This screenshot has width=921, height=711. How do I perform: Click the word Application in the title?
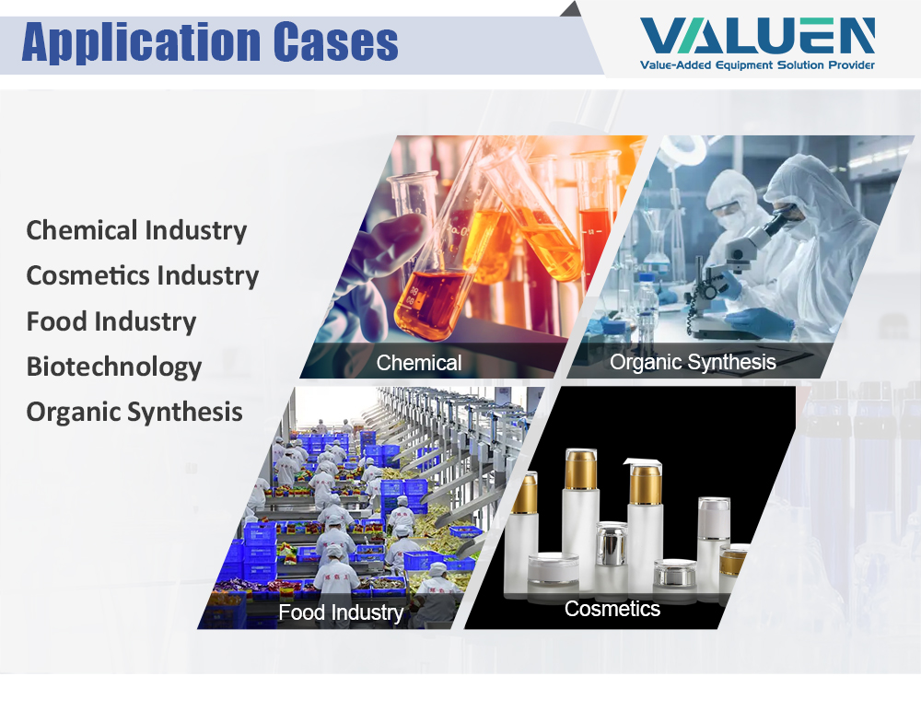pos(142,42)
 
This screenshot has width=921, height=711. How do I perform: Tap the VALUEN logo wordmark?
pos(757,36)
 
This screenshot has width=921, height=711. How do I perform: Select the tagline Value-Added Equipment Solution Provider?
pos(757,64)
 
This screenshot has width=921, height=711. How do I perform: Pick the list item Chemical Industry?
pos(136,230)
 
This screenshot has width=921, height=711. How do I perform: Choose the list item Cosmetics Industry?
pos(142,275)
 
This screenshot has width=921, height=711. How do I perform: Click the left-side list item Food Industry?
pos(111,321)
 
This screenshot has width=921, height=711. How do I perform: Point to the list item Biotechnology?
pos(114,367)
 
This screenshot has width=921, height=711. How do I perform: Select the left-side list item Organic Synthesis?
pos(134,412)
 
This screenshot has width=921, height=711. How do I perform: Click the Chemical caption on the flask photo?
pos(419,363)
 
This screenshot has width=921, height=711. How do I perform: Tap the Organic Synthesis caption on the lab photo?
pos(693,362)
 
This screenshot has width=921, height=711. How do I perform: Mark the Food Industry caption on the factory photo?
pos(341,612)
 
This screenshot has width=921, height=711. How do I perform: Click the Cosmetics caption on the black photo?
pos(612,609)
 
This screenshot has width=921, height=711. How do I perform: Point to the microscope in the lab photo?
pos(734,264)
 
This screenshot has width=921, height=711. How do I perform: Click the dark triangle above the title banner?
pos(572,9)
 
